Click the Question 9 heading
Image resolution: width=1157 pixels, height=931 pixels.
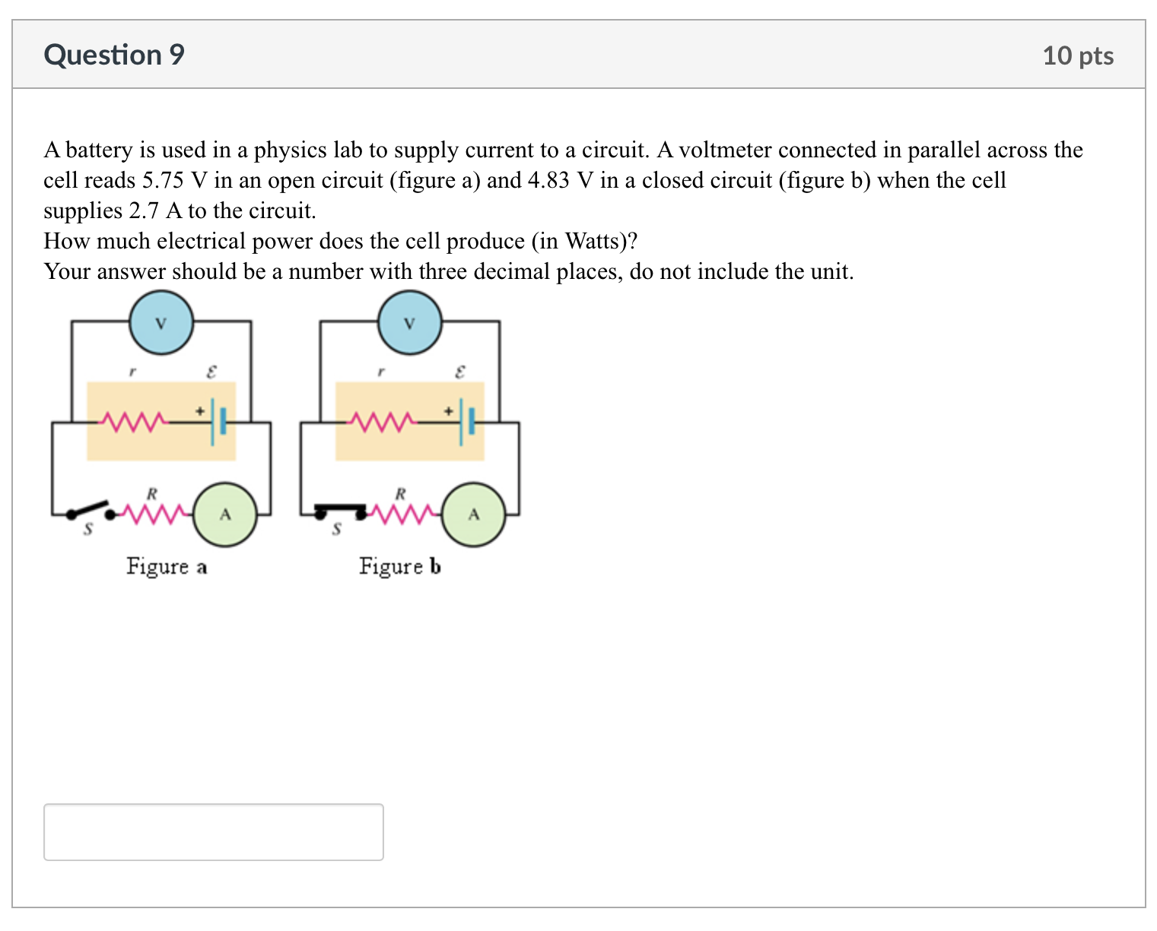click(x=114, y=55)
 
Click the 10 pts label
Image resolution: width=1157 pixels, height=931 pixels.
click(x=1077, y=55)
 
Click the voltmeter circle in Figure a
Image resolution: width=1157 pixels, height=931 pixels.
click(x=161, y=323)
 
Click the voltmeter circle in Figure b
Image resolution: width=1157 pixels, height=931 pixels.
click(x=409, y=323)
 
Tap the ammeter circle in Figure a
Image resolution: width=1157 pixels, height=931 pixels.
click(x=225, y=515)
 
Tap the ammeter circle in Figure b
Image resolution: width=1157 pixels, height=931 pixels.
click(x=473, y=515)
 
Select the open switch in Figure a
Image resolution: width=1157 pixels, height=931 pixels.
click(x=90, y=510)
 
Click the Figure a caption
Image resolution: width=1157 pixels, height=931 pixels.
click(x=167, y=567)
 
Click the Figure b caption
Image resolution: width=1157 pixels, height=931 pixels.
click(x=399, y=567)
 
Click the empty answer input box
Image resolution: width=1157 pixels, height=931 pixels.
click(x=214, y=831)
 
